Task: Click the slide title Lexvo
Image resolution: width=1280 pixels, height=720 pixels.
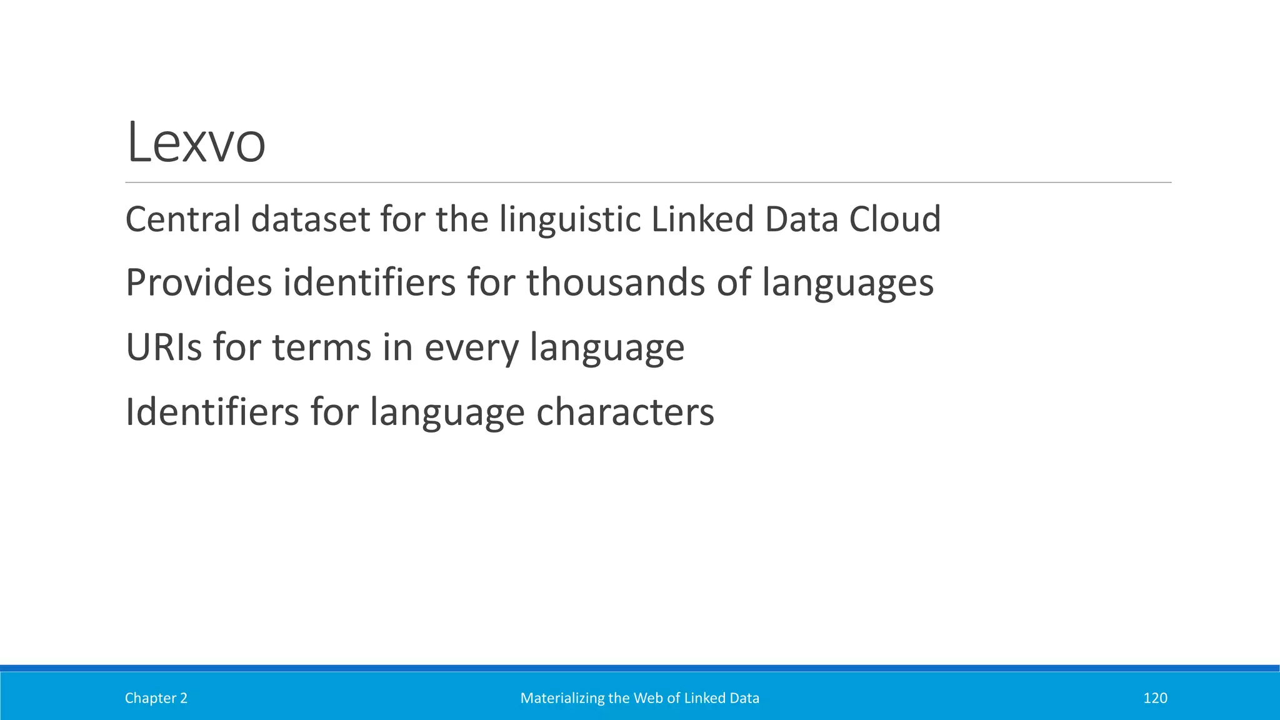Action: coord(196,143)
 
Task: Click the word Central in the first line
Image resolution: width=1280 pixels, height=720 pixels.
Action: coord(183,219)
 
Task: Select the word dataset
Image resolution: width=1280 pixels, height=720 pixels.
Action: coord(311,219)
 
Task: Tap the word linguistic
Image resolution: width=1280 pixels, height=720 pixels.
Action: coord(570,219)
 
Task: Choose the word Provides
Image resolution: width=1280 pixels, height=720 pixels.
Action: coord(199,282)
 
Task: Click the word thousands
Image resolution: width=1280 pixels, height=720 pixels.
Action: coord(616,282)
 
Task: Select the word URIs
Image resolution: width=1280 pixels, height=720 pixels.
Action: coord(164,347)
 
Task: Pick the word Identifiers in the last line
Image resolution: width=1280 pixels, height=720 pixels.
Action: coord(212,412)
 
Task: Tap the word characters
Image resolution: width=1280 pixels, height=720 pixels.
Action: coord(625,412)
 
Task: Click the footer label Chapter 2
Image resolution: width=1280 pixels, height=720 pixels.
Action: coord(156,698)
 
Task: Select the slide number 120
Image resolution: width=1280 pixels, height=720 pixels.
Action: coord(1154,698)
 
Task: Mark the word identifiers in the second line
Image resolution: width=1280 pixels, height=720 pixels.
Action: coord(369,282)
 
